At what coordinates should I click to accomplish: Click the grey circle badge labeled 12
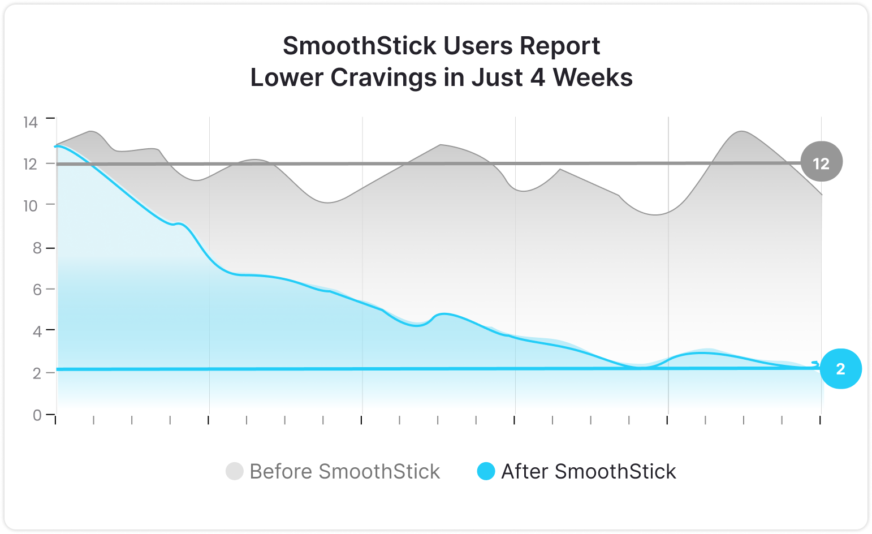821,163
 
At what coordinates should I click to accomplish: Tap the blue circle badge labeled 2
840,369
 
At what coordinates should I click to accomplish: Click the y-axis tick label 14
31,122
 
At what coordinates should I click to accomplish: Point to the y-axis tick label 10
31,205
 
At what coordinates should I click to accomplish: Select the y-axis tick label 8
37,248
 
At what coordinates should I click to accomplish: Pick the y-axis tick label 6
37,290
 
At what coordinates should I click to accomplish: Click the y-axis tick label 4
37,331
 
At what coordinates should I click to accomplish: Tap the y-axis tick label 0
37,415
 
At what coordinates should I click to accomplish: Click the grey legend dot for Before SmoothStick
234,471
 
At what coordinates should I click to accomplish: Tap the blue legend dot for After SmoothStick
486,471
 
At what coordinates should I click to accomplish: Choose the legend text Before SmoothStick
344,471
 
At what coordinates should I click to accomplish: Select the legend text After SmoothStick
588,471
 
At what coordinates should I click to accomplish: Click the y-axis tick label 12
31,163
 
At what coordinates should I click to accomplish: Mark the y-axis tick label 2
37,373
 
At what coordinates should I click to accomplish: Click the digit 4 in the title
538,77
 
